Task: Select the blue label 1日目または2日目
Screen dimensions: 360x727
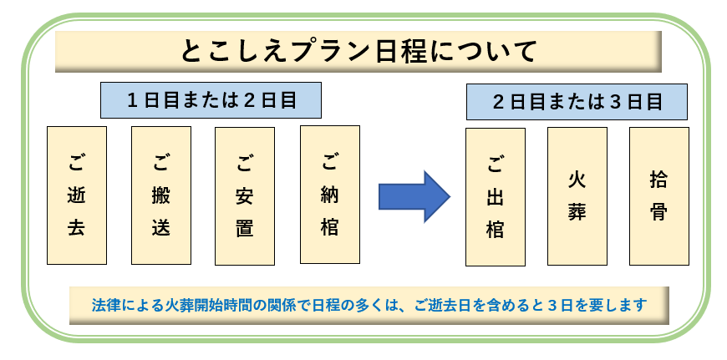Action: pos(211,99)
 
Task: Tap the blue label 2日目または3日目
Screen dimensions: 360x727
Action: pos(577,102)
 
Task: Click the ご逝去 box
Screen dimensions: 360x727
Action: pos(77,195)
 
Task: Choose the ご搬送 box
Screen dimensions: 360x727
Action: pos(161,195)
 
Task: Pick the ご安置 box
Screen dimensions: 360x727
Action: pos(245,195)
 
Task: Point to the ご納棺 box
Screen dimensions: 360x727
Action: pos(329,194)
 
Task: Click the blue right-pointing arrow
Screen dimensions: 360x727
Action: pos(414,196)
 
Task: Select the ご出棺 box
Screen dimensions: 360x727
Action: pos(495,197)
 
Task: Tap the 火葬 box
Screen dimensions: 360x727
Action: pos(577,196)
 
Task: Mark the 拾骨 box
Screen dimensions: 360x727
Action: pos(658,196)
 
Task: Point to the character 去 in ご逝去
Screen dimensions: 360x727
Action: pos(77,228)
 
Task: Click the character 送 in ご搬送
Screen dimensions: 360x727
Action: pos(161,228)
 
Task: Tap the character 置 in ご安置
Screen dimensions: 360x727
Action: pos(245,228)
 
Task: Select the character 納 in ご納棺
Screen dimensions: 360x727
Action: pos(329,195)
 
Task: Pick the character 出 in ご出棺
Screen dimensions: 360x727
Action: pos(495,198)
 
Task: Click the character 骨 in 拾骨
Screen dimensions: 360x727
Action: pos(658,210)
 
